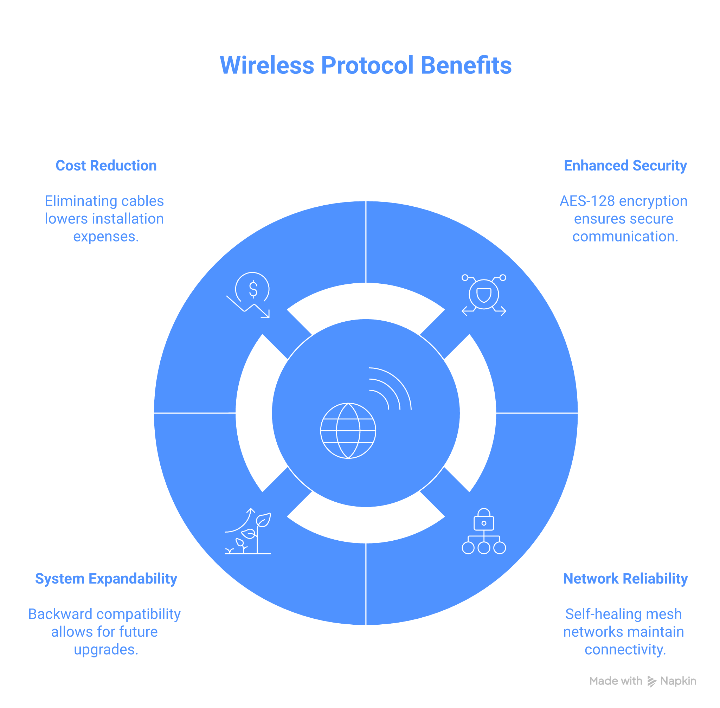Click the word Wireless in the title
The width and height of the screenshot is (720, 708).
pyautogui.click(x=267, y=66)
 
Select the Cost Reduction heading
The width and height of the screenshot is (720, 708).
pyautogui.click(x=106, y=166)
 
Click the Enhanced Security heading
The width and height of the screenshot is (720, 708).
pyautogui.click(x=625, y=166)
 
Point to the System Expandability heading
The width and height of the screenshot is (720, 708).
pyautogui.click(x=106, y=579)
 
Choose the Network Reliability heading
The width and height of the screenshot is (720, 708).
pyautogui.click(x=625, y=579)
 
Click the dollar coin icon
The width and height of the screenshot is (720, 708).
pyautogui.click(x=252, y=289)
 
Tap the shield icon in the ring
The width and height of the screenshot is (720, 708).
pyautogui.click(x=483, y=295)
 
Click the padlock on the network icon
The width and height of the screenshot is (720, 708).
pyautogui.click(x=483, y=520)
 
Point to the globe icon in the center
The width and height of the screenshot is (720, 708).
pyautogui.click(x=348, y=431)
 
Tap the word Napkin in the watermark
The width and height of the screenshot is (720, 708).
pyautogui.click(x=678, y=681)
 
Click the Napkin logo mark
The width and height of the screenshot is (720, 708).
pyautogui.click(x=651, y=681)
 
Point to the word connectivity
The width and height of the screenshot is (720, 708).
pyautogui.click(x=625, y=650)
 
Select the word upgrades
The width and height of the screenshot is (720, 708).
pyautogui.click(x=106, y=650)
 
